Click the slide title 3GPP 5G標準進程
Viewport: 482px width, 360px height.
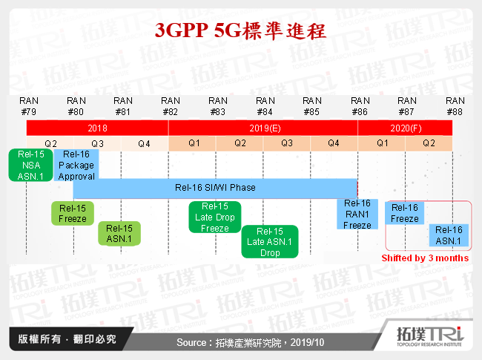click(240, 31)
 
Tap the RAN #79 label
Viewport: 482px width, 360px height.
click(29, 106)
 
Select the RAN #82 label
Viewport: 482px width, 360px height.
click(171, 106)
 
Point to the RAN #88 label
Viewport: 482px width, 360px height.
click(455, 106)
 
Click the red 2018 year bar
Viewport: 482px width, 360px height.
click(97, 128)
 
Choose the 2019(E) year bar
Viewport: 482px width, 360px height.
click(263, 128)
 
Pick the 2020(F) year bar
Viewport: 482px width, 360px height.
click(405, 128)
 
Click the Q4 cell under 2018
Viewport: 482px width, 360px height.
click(145, 143)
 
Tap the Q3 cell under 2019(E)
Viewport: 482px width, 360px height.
click(287, 143)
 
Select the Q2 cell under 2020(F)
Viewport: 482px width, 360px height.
click(429, 143)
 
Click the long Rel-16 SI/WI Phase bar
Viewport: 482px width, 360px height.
click(215, 188)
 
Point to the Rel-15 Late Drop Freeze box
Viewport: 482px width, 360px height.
click(215, 217)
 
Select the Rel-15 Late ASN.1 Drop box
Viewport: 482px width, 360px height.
click(270, 242)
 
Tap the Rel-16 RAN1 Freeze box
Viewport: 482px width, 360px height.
click(357, 214)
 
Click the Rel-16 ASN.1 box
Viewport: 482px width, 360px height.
click(449, 235)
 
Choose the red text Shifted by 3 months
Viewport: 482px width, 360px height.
click(425, 258)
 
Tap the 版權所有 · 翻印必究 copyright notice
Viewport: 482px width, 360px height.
click(67, 340)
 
